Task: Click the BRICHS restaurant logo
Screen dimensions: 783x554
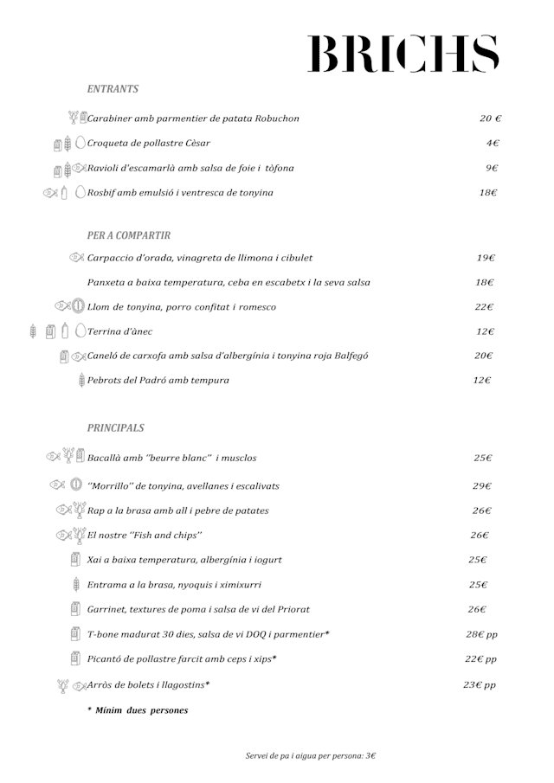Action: (403, 54)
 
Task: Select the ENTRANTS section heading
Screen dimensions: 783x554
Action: (113, 89)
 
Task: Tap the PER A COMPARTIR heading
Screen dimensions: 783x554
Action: (129, 235)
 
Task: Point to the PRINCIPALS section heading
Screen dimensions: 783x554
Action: (116, 428)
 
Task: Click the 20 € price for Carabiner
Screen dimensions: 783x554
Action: (491, 119)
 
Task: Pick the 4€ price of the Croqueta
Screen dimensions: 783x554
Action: (492, 144)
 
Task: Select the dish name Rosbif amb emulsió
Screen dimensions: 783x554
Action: (180, 193)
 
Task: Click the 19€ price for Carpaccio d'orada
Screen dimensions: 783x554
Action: (486, 258)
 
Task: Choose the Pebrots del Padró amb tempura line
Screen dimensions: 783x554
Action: (158, 380)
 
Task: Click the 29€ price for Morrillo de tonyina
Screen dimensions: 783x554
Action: (482, 486)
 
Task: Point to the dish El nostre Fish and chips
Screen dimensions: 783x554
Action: (145, 536)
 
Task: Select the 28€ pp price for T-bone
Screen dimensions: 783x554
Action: (481, 635)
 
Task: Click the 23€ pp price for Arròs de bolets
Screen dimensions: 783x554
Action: (479, 685)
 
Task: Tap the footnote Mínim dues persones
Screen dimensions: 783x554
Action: (138, 710)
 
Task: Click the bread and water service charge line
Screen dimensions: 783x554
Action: (311, 755)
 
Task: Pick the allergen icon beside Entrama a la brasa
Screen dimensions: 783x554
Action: (75, 585)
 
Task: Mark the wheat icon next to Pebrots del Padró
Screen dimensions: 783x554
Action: (81, 380)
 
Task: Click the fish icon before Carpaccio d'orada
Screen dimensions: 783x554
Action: (76, 258)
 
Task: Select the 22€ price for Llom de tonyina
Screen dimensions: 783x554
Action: (484, 307)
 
